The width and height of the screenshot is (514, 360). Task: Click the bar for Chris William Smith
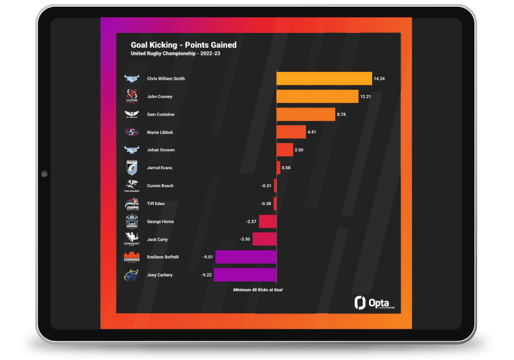tap(324, 79)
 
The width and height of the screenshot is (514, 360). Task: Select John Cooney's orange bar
tap(317, 97)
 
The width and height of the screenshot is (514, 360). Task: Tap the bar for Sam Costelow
tap(306, 114)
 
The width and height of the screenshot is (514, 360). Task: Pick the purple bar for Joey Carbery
tap(245, 275)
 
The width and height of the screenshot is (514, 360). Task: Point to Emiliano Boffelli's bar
tap(246, 257)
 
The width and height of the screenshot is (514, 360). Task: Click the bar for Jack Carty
tap(264, 239)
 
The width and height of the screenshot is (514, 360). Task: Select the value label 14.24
tap(380, 79)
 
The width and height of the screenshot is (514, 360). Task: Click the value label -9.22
tap(207, 275)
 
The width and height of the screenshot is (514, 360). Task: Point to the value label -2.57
tap(252, 222)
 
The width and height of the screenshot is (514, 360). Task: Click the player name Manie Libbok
tap(160, 132)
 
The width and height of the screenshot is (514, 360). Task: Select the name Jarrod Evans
tap(160, 168)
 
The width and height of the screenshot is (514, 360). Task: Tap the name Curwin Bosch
tap(160, 186)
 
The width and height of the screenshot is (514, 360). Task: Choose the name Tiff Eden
tap(156, 204)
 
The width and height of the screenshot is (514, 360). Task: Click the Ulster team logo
tap(131, 96)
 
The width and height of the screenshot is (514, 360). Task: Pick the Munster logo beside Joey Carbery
tap(131, 275)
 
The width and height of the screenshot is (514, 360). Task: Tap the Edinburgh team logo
tap(131, 257)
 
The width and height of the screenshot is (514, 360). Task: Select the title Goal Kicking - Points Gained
tap(183, 45)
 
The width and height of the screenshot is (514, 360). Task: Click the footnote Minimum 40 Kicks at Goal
tap(258, 290)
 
